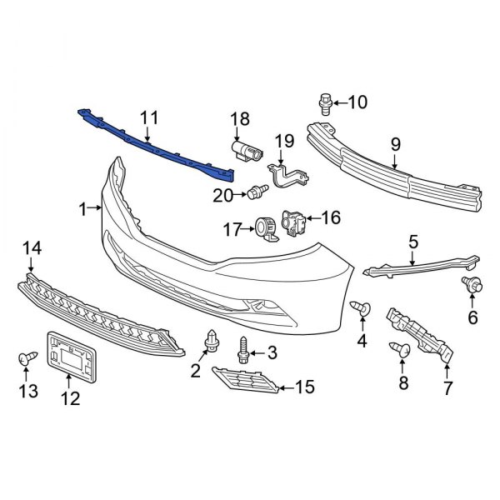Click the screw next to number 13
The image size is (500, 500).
24,359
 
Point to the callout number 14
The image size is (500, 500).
31,247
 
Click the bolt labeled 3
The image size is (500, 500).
244,351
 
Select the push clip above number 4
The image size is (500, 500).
362,308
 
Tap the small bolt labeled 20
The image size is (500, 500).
254,194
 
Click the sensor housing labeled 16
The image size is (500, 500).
294,222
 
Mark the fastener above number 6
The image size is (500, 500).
471,286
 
